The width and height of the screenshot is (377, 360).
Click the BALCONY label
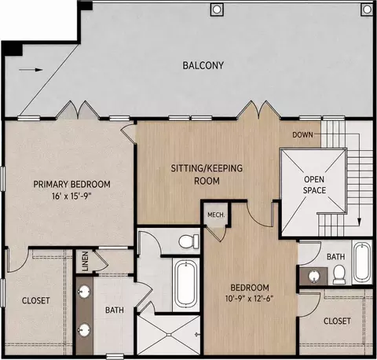(x=203, y=65)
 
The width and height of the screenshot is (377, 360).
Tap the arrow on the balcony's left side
(x=31, y=70)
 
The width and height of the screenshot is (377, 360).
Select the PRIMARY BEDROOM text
(x=71, y=184)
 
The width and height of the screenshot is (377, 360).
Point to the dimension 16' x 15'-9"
(x=72, y=197)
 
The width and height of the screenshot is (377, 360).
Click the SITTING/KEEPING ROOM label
(x=207, y=174)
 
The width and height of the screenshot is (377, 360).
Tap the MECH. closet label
(x=216, y=215)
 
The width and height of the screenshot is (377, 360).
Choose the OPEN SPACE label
(x=314, y=185)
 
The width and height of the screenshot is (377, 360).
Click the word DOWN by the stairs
(x=302, y=135)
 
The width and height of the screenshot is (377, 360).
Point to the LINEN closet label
(x=85, y=261)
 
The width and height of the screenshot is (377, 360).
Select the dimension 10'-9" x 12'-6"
(x=250, y=299)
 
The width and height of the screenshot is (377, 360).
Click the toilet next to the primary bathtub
(x=188, y=241)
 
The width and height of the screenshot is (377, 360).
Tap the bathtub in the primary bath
(x=186, y=285)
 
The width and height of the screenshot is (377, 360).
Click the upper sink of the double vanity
(x=84, y=292)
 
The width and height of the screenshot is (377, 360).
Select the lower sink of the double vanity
(x=84, y=330)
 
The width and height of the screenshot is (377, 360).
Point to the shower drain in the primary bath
(x=169, y=335)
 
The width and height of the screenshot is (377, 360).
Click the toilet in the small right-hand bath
(x=339, y=274)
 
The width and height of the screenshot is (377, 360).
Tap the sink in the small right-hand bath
(x=313, y=277)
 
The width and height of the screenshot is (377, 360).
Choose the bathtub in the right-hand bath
(x=362, y=263)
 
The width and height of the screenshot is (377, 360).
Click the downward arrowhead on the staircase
(x=360, y=221)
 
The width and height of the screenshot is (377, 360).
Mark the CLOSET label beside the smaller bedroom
(x=337, y=321)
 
